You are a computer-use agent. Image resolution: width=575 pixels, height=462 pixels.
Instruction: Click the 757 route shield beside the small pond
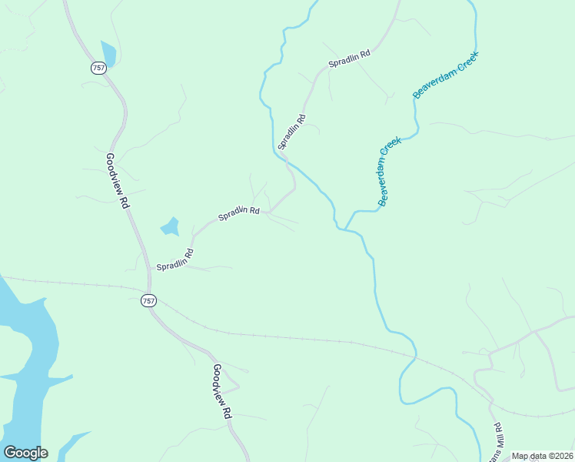(x=98, y=68)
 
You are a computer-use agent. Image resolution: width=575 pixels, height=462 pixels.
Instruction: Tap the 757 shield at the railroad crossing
(x=149, y=300)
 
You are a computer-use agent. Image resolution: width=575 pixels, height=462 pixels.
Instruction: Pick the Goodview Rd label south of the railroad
(x=221, y=390)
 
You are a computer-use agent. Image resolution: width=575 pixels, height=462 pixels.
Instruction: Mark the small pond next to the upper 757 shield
(x=108, y=52)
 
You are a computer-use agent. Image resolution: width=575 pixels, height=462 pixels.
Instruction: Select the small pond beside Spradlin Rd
(x=169, y=227)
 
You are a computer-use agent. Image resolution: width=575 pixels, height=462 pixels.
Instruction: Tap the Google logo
(x=25, y=452)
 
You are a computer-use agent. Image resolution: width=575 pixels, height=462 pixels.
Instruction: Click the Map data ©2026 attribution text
(x=542, y=456)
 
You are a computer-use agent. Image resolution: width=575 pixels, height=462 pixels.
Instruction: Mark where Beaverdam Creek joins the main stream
(x=345, y=228)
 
